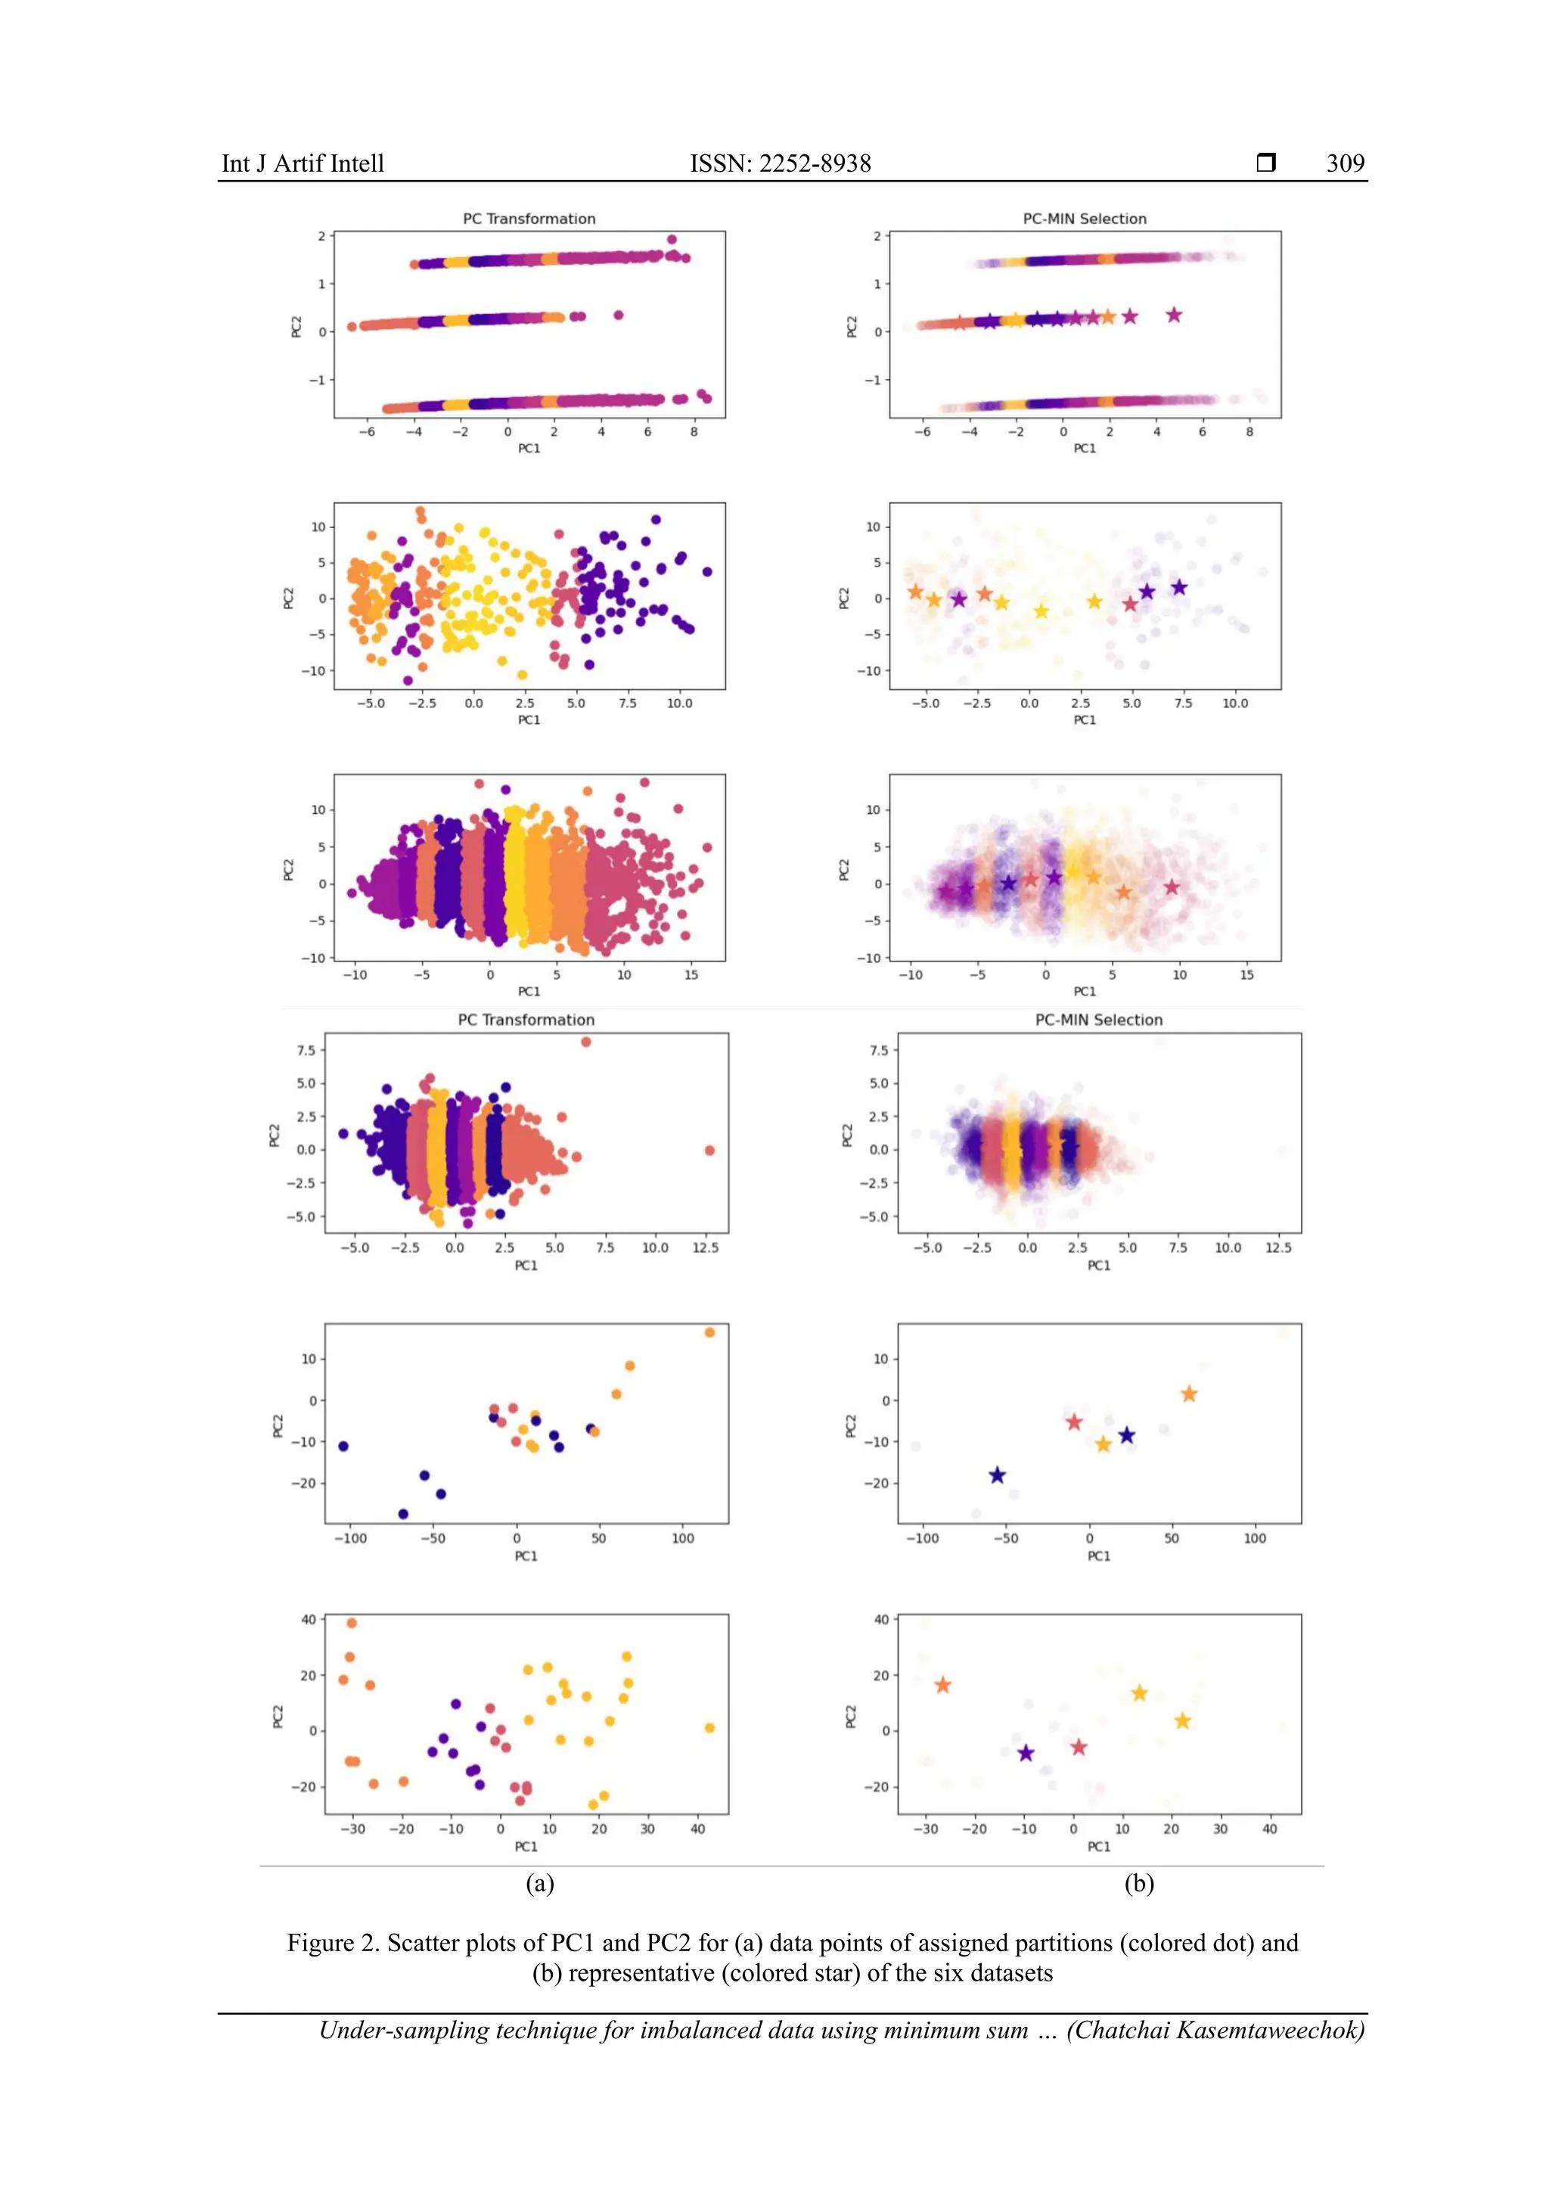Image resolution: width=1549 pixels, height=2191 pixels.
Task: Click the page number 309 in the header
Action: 1345,163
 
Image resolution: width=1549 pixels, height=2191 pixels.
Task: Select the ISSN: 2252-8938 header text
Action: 781,163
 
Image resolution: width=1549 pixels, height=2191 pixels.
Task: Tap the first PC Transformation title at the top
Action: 529,219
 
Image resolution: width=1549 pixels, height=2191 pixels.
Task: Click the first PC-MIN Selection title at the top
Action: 1085,219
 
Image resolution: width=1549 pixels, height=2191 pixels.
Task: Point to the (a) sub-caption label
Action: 540,1883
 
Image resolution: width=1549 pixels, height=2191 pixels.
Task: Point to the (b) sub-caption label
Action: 1139,1883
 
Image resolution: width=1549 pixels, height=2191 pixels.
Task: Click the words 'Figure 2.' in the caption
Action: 334,1943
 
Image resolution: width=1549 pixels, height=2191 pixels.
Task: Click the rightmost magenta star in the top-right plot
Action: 1174,315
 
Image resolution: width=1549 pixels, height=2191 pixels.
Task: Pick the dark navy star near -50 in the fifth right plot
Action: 997,1475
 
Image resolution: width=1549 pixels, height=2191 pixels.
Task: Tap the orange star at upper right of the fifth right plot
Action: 1188,1394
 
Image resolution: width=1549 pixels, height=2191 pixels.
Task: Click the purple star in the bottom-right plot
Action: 1026,1753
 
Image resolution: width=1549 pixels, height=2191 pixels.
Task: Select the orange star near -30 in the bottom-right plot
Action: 942,1685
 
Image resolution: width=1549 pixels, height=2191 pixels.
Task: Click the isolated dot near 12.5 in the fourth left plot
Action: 709,1150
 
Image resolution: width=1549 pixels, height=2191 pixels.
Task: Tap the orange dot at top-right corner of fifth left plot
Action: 709,1332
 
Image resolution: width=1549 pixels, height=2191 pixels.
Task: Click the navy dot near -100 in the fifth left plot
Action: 343,1447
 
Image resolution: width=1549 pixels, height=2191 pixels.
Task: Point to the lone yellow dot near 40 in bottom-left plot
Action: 709,1728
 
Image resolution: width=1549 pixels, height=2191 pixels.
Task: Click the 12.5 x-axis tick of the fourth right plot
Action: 1277,1248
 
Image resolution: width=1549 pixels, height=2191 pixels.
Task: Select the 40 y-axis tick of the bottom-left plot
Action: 308,1619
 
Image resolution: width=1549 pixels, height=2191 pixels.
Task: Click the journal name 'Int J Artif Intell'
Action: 303,163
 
